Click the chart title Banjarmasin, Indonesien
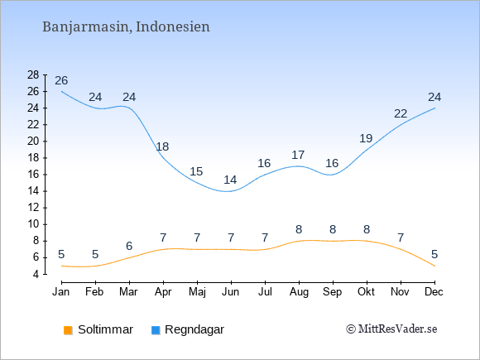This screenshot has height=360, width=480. point(126,27)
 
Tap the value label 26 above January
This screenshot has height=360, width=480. point(61,80)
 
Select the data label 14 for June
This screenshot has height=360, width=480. point(230,180)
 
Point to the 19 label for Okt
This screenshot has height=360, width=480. point(366,138)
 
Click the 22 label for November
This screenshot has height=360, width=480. point(401,113)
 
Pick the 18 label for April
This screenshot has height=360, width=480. point(162,146)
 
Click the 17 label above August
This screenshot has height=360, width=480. point(298,155)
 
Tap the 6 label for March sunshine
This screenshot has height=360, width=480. point(129,246)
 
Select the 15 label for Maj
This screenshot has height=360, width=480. point(196,171)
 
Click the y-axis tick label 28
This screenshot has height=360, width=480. point(33,74)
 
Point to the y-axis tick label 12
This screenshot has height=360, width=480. point(33,208)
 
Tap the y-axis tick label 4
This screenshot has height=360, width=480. point(36,274)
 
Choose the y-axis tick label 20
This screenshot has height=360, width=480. point(33,142)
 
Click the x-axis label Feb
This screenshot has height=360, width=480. point(94,292)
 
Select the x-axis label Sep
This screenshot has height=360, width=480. point(333,292)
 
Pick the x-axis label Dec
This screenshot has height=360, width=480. point(434,292)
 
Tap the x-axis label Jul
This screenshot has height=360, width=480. point(265,292)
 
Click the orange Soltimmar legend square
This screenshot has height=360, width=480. point(68,330)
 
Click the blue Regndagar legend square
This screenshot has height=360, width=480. point(156,330)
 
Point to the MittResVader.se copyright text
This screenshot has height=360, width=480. point(391,329)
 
